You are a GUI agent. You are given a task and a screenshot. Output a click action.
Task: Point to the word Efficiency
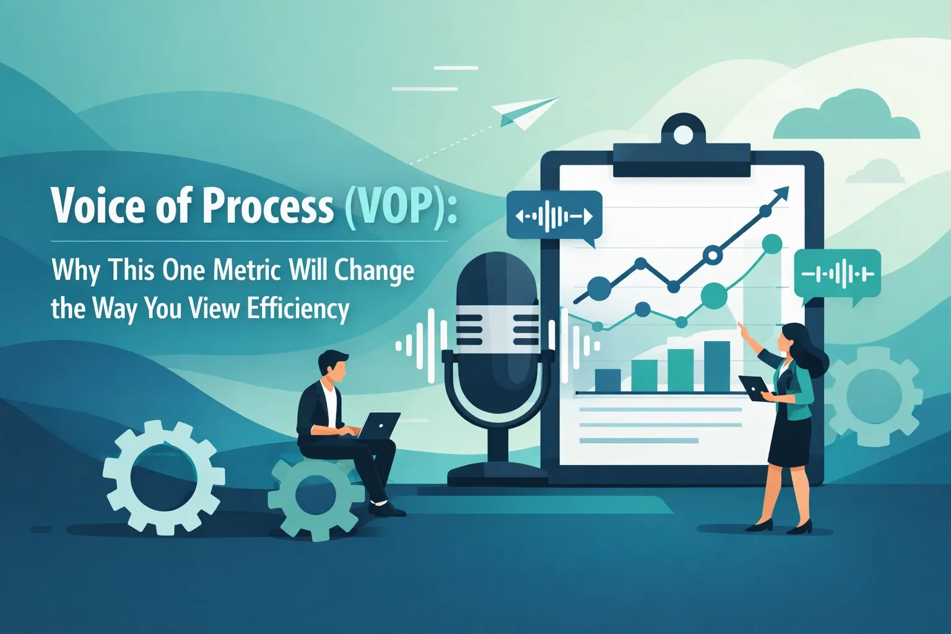point(298,308)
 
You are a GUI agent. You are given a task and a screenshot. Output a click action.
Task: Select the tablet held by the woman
point(754,386)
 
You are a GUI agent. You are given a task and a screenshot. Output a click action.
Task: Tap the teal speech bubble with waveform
point(837,274)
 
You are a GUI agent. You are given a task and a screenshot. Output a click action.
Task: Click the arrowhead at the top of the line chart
point(783,193)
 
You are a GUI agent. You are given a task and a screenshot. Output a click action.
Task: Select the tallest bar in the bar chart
point(717,366)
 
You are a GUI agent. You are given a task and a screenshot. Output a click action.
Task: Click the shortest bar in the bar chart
point(607,380)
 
